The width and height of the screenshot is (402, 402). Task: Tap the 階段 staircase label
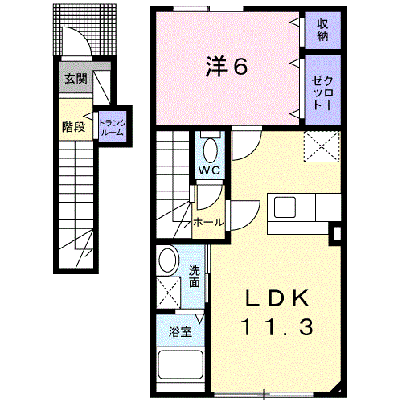[74, 127]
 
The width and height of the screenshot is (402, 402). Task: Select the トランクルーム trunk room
[113, 126]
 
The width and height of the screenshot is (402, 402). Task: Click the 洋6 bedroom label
[227, 67]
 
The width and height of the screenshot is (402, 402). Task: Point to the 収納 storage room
[322, 31]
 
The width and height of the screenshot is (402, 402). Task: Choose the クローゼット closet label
[322, 93]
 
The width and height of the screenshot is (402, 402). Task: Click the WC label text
[210, 170]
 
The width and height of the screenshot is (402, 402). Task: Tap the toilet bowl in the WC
[211, 150]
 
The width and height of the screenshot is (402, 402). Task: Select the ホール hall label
[208, 222]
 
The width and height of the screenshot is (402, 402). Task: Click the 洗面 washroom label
[195, 277]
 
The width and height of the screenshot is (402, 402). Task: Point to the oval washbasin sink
[168, 260]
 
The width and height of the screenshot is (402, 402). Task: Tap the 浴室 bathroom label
[180, 332]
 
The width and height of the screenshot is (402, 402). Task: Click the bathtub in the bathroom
[181, 365]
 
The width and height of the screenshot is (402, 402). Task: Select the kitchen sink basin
[285, 207]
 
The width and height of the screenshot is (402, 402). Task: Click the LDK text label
[277, 298]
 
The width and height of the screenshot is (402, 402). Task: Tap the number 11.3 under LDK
[277, 326]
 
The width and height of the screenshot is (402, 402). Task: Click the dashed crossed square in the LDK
[322, 146]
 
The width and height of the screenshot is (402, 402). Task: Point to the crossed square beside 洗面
[168, 293]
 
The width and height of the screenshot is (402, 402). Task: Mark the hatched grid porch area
[84, 29]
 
